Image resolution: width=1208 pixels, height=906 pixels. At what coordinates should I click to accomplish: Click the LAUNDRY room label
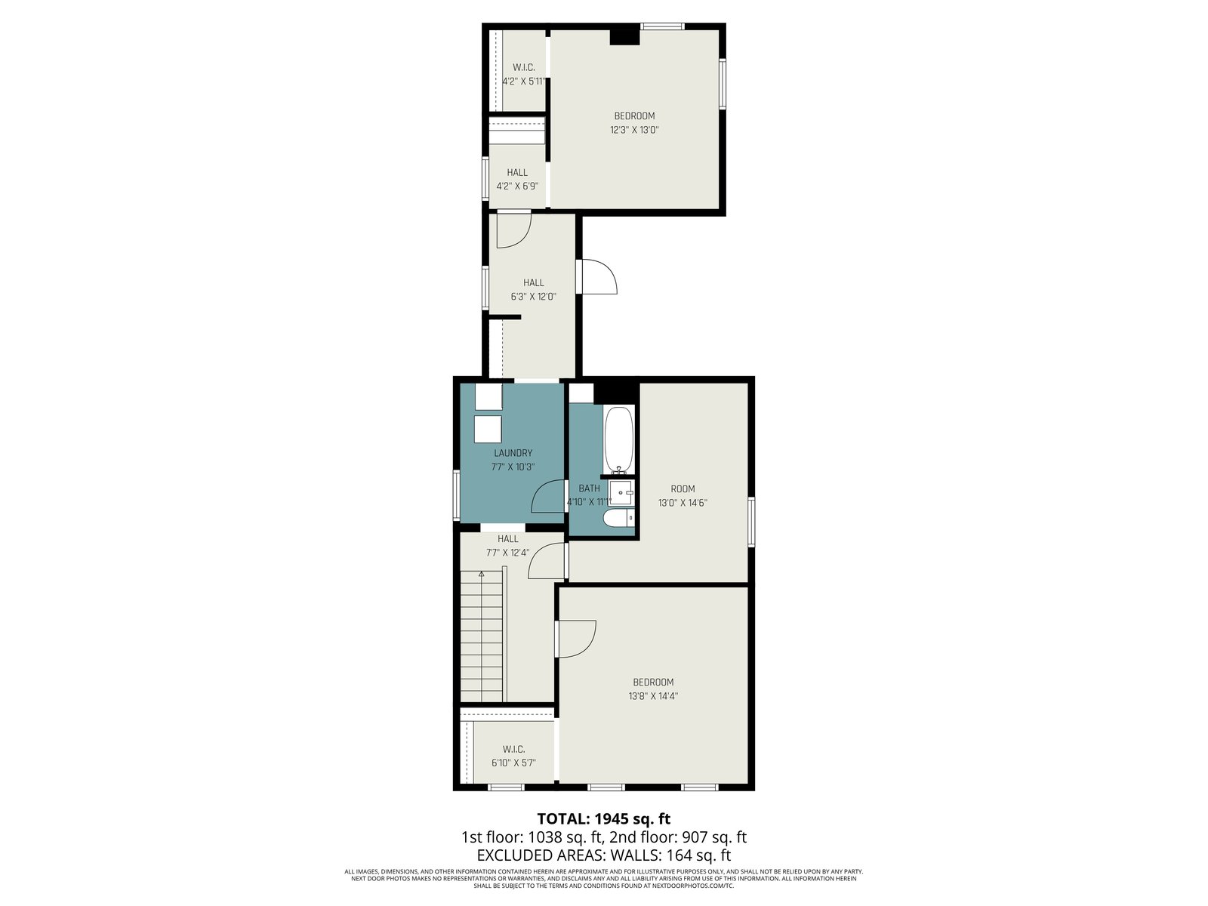(513, 453)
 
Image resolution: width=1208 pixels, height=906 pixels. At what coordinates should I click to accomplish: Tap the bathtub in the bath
(619, 440)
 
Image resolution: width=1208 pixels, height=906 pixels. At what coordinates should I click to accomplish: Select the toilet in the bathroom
(618, 518)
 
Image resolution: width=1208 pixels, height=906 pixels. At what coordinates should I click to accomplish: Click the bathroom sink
(621, 492)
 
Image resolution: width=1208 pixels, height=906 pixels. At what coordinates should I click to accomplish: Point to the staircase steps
(482, 636)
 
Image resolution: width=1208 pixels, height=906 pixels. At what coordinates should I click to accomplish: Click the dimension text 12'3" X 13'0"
(634, 131)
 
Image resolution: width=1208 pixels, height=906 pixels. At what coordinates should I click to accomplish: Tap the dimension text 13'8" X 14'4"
(653, 696)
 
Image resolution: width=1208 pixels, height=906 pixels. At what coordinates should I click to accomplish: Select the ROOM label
(683, 488)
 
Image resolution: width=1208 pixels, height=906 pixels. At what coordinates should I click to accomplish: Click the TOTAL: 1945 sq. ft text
(604, 818)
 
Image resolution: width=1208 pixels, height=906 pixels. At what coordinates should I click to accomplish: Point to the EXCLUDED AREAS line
(604, 855)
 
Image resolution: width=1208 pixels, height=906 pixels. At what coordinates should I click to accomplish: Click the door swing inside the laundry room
(548, 497)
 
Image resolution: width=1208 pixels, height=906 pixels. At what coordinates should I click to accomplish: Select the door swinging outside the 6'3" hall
(597, 276)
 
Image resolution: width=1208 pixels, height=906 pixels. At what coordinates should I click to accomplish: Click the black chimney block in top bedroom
(624, 36)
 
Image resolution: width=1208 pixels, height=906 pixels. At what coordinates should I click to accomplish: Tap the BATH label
(589, 488)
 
